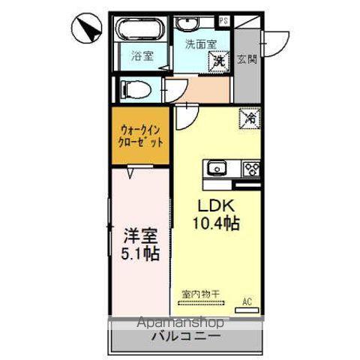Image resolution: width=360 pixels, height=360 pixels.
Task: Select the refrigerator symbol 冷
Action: point(250,118)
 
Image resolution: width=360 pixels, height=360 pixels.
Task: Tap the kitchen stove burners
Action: point(249,168)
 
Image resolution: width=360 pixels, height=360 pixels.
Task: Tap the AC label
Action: point(245,303)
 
